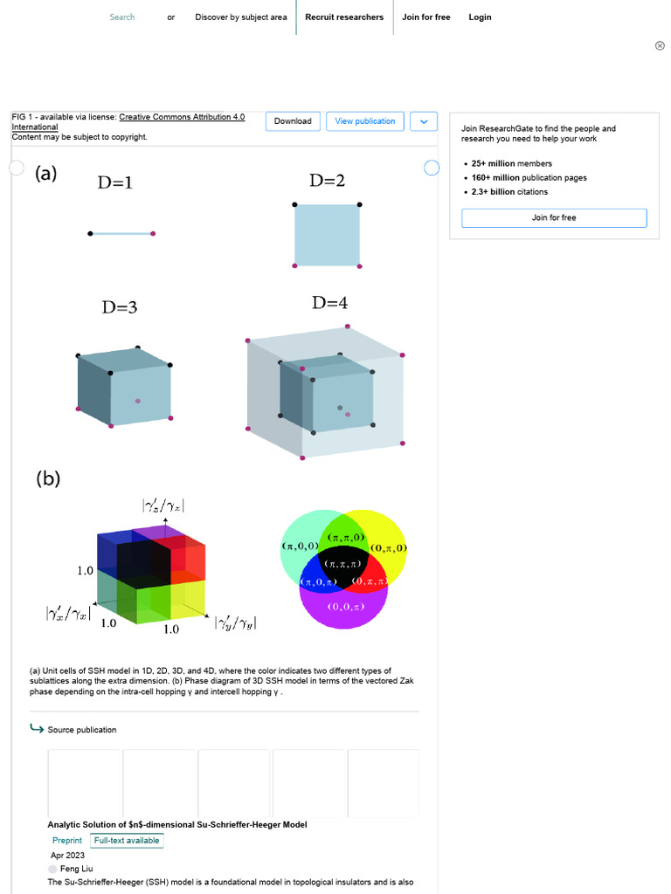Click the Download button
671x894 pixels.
pyautogui.click(x=293, y=121)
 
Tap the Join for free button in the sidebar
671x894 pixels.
pyautogui.click(x=554, y=217)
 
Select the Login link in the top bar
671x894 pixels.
pyautogui.click(x=480, y=17)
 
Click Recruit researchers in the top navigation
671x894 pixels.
pyautogui.click(x=344, y=17)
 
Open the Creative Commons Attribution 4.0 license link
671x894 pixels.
pyautogui.click(x=182, y=117)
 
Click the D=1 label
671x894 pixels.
pyautogui.click(x=115, y=183)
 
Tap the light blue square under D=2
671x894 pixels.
pyautogui.click(x=327, y=235)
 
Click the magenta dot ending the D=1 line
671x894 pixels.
pyautogui.click(x=153, y=233)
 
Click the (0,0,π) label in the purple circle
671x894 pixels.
pyautogui.click(x=346, y=607)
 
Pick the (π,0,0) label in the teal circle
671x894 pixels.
pyautogui.click(x=300, y=546)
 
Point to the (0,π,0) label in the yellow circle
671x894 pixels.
pyautogui.click(x=389, y=548)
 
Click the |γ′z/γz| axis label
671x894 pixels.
pyautogui.click(x=163, y=505)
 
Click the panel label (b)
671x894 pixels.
pyautogui.click(x=48, y=478)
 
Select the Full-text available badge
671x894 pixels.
pyautogui.click(x=127, y=841)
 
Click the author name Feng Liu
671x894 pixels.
pyautogui.click(x=76, y=869)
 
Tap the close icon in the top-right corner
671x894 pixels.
pyautogui.click(x=660, y=45)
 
